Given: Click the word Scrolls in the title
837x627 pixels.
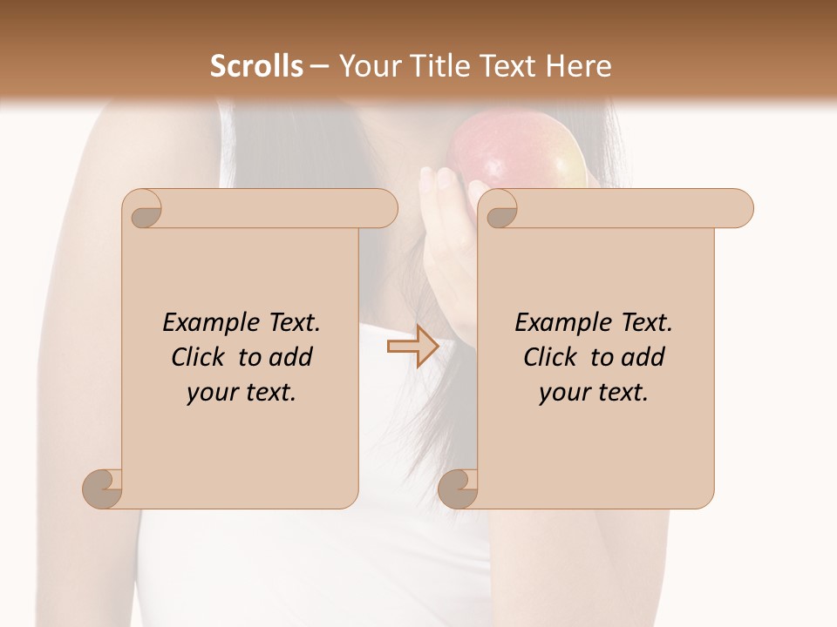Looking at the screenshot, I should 256,66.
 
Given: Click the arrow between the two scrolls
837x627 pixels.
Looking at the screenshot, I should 412,347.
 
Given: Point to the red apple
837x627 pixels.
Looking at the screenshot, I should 514,152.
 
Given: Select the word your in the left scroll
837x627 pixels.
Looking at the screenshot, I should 211,393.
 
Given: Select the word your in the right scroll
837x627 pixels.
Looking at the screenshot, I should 563,393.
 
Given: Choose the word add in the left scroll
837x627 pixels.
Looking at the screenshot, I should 289,357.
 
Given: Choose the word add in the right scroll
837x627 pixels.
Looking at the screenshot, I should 642,357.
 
